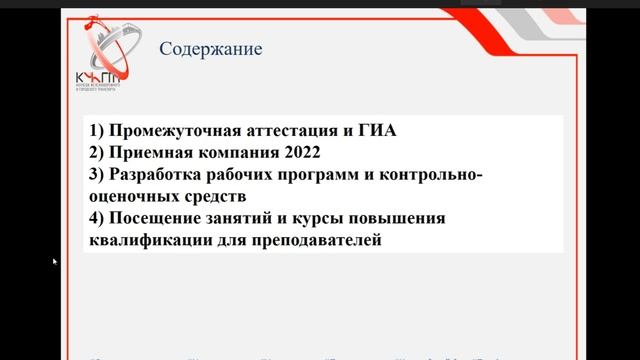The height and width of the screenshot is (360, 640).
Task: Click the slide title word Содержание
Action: pyautogui.click(x=211, y=48)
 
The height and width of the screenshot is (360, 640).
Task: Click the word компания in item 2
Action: pyautogui.click(x=234, y=153)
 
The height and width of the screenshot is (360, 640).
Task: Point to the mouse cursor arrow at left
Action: pyautogui.click(x=55, y=261)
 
